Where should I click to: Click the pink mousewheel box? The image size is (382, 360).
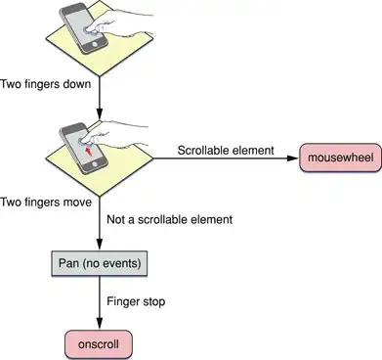(341, 157)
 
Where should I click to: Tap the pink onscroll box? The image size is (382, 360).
(99, 344)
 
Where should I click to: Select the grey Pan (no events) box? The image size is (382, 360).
(100, 263)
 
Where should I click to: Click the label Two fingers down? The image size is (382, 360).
(46, 84)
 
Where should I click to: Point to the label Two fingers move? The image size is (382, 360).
(46, 202)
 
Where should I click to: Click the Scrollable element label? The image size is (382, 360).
(226, 151)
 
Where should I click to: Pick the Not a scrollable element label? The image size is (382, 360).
(170, 219)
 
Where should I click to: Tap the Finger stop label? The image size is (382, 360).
(136, 301)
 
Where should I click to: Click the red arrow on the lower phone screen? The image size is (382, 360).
(87, 152)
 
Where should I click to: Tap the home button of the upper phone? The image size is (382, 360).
(95, 44)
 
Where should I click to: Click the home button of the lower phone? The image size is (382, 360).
(95, 162)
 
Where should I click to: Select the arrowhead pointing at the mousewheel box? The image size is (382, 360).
(292, 158)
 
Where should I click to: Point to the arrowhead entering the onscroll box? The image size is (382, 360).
(100, 324)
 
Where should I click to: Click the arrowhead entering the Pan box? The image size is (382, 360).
(100, 245)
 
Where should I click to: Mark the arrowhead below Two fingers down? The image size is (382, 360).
(100, 114)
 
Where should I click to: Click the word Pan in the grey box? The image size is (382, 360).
(68, 263)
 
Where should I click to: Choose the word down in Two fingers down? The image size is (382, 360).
(77, 84)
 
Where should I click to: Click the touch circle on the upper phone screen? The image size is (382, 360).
(87, 29)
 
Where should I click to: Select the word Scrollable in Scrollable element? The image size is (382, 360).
(203, 151)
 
